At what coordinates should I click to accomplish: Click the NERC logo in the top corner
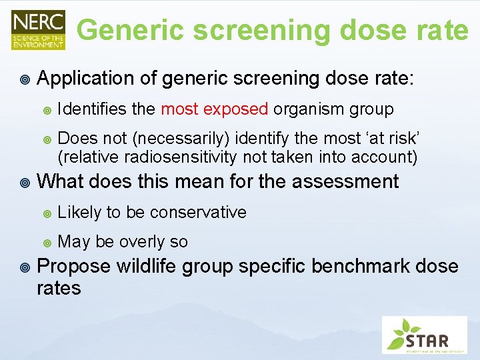pos(38,29)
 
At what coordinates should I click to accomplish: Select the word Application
pos(86,79)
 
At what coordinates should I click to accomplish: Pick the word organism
pos(306,109)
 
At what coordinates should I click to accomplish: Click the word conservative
pos(198,212)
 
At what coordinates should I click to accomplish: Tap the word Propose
pos(74,266)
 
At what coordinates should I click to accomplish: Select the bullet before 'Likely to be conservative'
pos(47,213)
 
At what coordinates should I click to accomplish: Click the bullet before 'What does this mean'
pos(25,182)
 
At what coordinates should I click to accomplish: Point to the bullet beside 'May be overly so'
pos(47,242)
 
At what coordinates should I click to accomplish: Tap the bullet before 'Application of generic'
pos(25,79)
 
